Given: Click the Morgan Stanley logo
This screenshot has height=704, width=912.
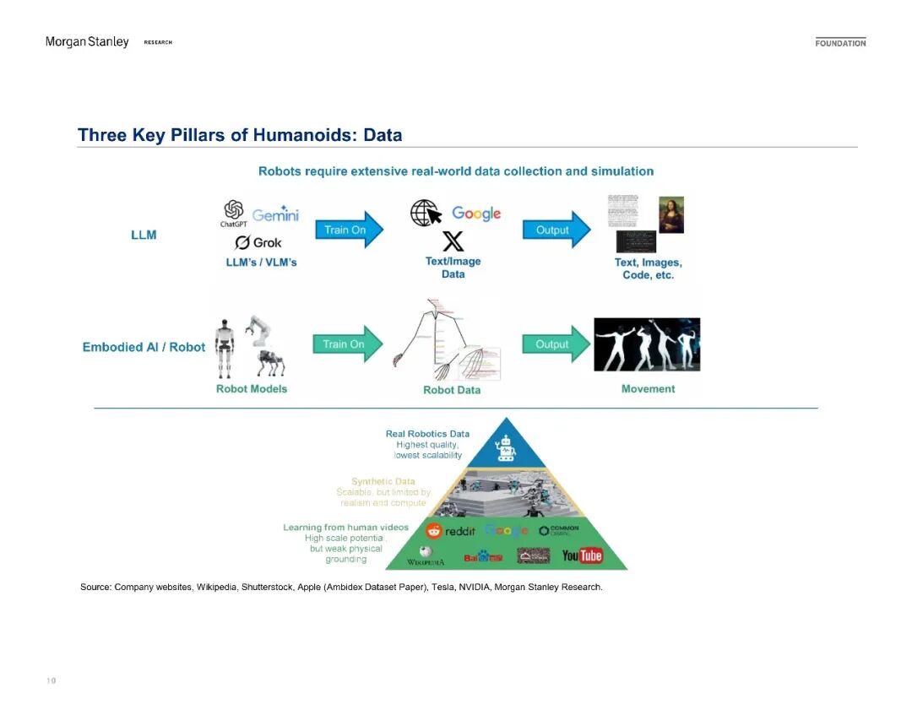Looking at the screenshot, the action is click(87, 42).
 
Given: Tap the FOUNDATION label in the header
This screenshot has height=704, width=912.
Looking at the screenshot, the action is click(840, 43).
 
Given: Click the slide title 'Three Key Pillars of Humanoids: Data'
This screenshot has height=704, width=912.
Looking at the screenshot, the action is click(240, 135).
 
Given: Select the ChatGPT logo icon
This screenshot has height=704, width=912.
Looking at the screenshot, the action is click(233, 210).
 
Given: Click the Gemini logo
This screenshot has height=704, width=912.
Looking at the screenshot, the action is click(275, 214).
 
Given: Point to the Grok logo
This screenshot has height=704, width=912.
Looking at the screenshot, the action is click(258, 243).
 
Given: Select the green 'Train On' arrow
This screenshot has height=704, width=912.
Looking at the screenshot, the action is click(350, 344).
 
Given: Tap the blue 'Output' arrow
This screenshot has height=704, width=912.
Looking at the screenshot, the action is click(557, 230).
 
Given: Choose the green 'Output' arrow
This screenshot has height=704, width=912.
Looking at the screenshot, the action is click(557, 344).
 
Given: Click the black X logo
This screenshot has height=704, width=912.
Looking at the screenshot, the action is click(453, 242).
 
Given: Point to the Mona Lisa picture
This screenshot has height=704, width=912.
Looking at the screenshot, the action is click(671, 214).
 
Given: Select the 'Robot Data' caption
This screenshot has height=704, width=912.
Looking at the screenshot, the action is click(452, 390).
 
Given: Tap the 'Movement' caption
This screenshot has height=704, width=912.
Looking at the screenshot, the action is click(648, 389).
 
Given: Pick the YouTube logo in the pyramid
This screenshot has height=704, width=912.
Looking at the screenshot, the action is click(583, 555).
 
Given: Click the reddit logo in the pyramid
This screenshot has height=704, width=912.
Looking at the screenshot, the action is click(451, 531).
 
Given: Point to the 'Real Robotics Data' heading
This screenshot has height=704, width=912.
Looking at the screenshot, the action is click(427, 434).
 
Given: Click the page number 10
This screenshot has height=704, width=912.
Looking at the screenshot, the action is click(51, 680).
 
